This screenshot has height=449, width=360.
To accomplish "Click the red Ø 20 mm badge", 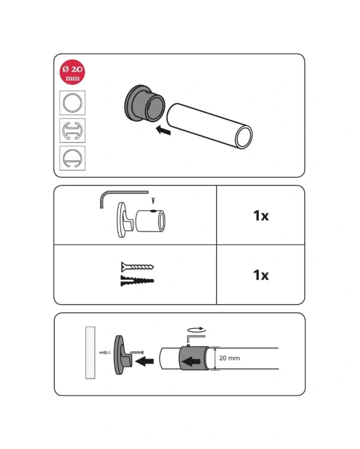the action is tap(72, 72).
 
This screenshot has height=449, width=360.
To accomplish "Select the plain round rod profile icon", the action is tap(72, 103).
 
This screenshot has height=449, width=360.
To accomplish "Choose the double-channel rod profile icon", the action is tap(72, 131).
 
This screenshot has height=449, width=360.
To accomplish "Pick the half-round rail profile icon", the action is tap(72, 158).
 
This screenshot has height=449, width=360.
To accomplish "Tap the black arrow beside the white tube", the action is tap(163, 130).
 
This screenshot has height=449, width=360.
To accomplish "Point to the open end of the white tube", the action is tap(243, 137).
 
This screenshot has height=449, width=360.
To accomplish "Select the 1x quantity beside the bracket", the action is tap(261, 215).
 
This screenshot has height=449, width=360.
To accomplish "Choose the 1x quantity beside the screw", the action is tap(261, 275).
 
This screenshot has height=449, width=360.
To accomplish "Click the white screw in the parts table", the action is tap(137, 267).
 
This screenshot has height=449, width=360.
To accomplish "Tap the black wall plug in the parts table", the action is tap(137, 281).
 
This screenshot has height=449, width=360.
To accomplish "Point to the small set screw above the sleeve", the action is tap(153, 201).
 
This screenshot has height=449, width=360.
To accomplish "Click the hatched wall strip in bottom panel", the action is tap(90, 353).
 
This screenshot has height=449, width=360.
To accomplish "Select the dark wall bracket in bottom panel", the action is tap(123, 355).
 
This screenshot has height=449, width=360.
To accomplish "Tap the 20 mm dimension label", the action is tap(229, 358).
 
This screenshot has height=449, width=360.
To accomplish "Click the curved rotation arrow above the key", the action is tap(196, 330).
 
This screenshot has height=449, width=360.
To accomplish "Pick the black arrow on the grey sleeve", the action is tap(191, 362).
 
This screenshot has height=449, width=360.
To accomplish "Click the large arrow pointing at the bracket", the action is tap(145, 362).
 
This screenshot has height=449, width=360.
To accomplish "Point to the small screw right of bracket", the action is tap(137, 352).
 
